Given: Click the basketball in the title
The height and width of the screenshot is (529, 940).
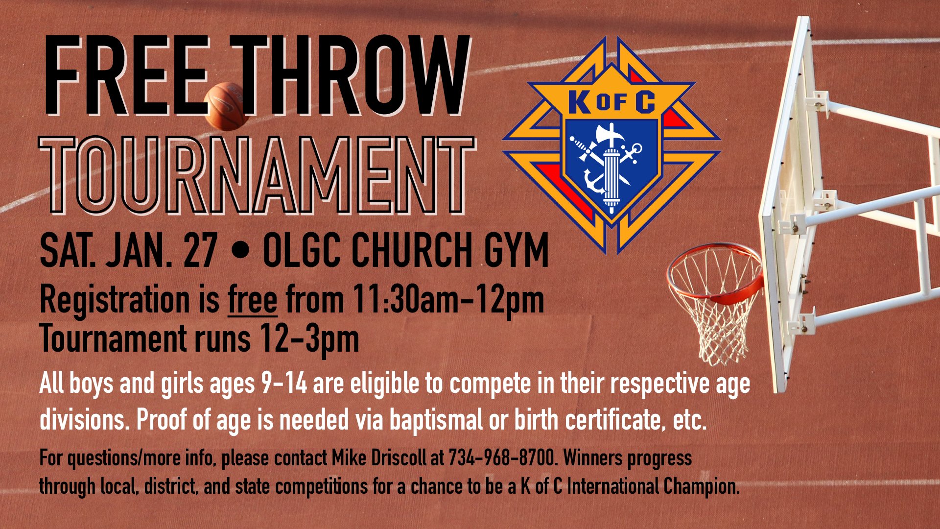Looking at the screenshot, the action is pos(227,106).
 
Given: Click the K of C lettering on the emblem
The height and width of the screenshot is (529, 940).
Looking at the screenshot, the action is pos(611,102).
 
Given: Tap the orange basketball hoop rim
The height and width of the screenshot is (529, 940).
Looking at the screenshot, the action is pos(715,274).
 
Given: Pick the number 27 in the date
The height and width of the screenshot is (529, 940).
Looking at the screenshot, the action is pos(200,250).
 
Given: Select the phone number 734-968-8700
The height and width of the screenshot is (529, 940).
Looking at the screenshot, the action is pos(502,458).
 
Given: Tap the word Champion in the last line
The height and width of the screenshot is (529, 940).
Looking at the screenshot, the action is pos(701,487).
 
